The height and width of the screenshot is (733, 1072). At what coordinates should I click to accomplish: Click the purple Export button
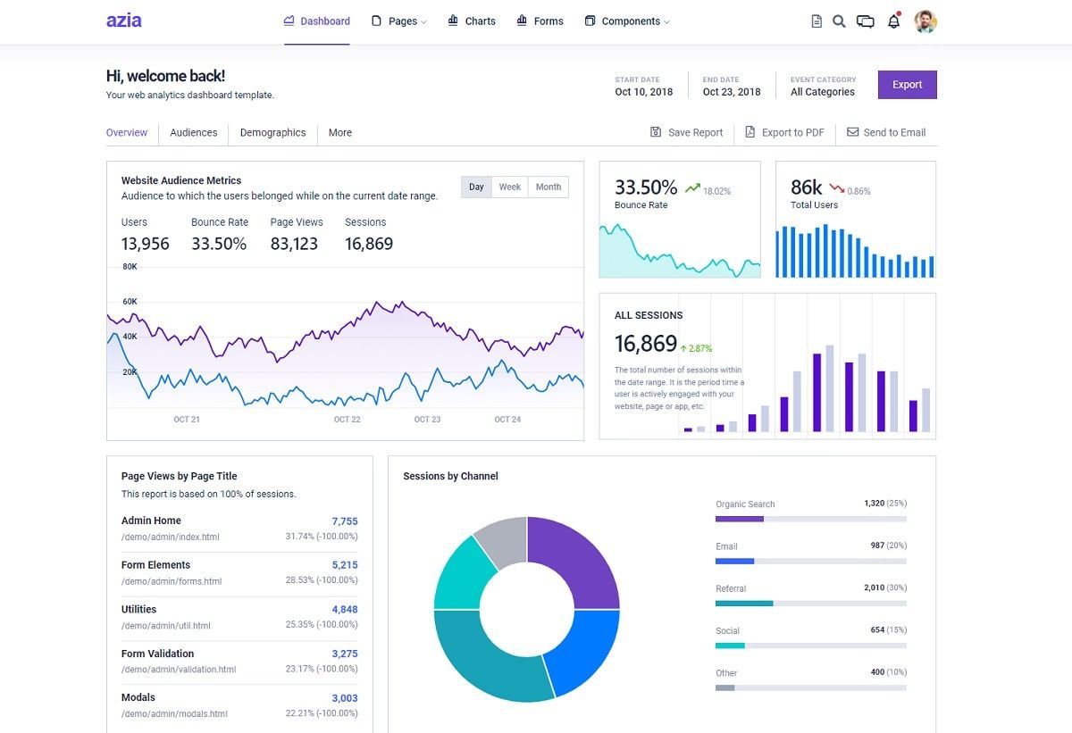coord(907,85)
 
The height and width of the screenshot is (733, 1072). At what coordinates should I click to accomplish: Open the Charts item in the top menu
coord(472,21)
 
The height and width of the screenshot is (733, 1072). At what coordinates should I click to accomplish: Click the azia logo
coord(123,21)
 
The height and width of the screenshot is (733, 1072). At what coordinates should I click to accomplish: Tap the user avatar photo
coord(925,21)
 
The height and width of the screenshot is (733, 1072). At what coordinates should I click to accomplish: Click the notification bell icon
coord(893,21)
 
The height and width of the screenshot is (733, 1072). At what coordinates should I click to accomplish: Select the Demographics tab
coord(272,132)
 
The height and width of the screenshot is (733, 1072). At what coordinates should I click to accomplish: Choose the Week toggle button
coord(509,187)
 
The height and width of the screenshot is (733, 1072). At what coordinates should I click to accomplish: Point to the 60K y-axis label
coord(130,302)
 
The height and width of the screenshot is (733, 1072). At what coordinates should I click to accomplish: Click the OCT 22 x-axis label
coord(347,420)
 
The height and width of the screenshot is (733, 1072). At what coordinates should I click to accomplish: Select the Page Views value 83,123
coord(294,244)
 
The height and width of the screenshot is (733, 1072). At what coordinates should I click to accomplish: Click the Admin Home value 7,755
coord(344,521)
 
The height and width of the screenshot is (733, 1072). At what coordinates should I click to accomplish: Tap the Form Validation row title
coord(157,654)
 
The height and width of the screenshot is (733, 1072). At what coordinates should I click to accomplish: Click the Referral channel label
coord(730,588)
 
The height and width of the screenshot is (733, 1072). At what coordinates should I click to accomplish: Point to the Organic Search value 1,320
coord(874,504)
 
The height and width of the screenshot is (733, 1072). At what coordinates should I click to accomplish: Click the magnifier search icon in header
coord(839,21)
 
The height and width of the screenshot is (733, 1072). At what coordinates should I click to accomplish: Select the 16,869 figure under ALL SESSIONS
coord(645,344)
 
